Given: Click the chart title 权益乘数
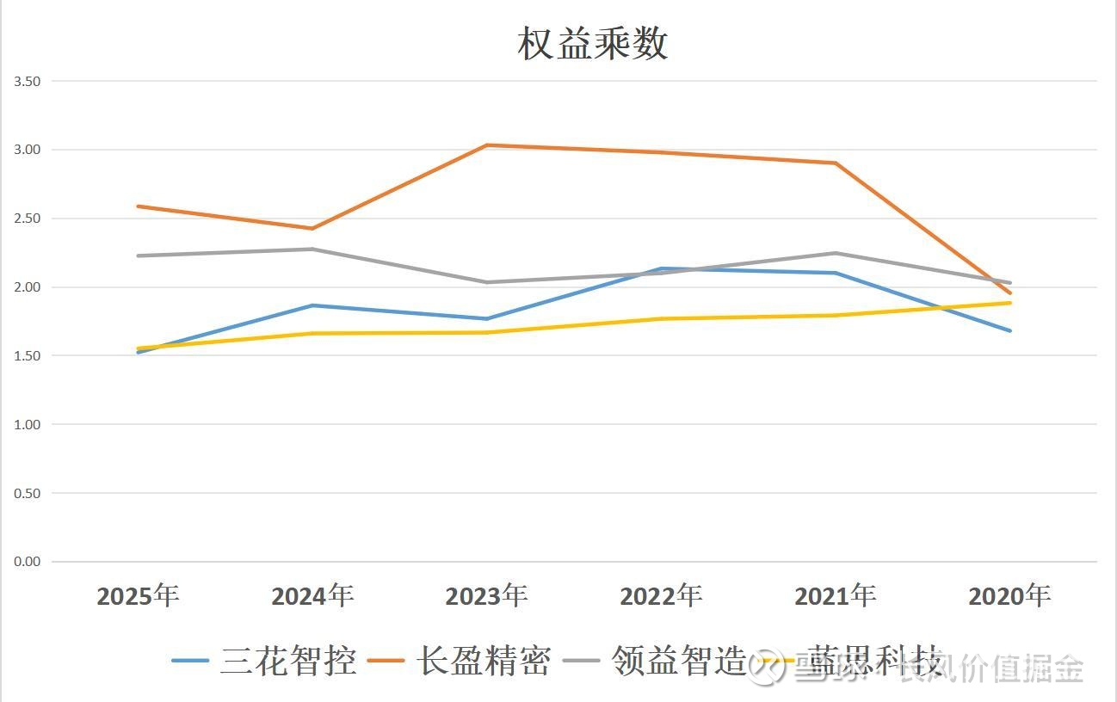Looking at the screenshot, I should click(593, 43).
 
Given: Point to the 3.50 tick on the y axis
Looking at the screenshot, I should click(28, 81).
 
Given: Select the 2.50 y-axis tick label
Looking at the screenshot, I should click(28, 219).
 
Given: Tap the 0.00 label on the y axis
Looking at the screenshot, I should click(28, 562).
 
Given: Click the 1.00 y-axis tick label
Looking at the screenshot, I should click(28, 424).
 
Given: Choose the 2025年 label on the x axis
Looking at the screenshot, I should click(138, 595).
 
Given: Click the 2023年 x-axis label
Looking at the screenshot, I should click(486, 595).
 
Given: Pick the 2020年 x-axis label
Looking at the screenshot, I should click(1009, 595).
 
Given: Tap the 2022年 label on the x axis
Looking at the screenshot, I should click(661, 595).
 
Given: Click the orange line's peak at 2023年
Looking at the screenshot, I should click(486, 145).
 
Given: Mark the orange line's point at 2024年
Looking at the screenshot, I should click(312, 228).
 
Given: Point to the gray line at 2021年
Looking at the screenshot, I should click(835, 253).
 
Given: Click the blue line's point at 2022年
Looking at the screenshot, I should click(661, 268).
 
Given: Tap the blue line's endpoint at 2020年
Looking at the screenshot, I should click(1009, 330).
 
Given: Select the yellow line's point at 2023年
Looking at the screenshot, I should click(486, 332).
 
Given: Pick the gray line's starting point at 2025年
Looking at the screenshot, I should click(138, 256).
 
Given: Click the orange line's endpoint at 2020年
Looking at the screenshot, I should click(1009, 293).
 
